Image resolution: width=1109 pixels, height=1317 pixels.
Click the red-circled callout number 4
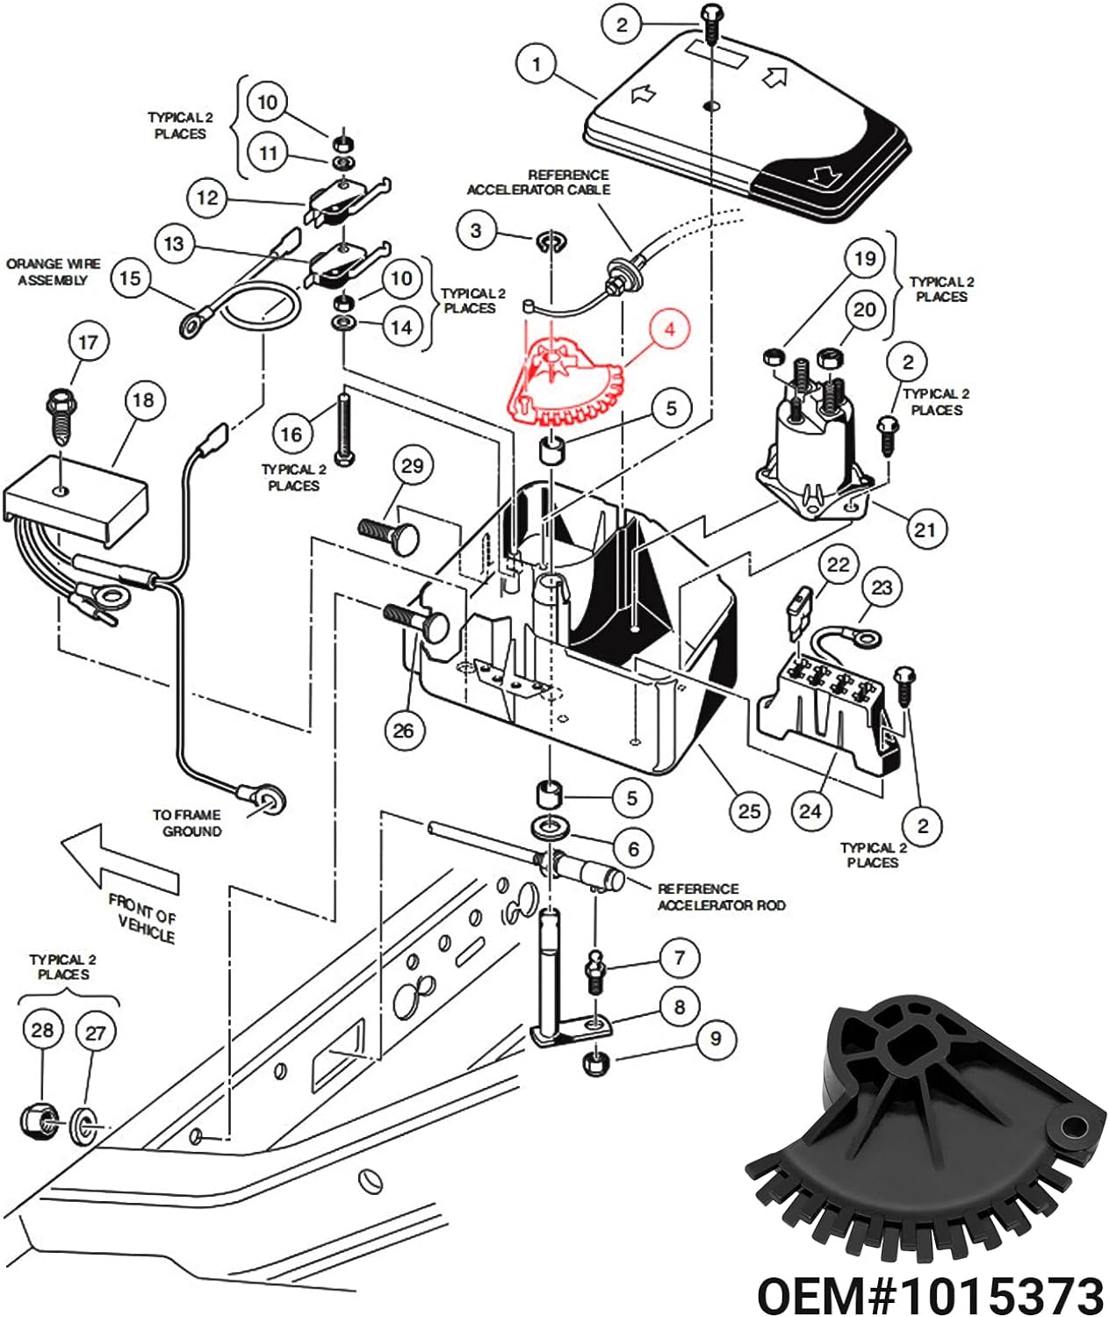[x=670, y=330]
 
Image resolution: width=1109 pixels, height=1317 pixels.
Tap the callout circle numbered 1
[x=536, y=64]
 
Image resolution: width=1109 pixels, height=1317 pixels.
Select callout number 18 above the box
[x=143, y=400]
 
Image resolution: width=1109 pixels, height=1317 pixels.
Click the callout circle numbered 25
[x=749, y=810]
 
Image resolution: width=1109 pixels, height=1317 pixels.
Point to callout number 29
[x=412, y=465]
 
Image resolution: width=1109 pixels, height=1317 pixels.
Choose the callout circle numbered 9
[x=716, y=1039]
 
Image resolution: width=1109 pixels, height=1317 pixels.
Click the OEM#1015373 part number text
[x=930, y=1293]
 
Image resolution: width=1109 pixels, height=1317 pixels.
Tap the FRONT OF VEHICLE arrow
[x=119, y=860]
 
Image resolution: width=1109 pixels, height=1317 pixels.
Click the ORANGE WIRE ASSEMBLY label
[x=54, y=272]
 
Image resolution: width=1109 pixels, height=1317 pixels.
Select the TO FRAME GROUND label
[x=187, y=823]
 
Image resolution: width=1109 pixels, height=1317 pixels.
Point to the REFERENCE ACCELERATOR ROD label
[x=721, y=896]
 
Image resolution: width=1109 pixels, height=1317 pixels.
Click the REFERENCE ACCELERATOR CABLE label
[x=538, y=182]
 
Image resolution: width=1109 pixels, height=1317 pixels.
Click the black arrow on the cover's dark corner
[x=825, y=176]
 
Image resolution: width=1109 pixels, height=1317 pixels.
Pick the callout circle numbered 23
[x=882, y=587]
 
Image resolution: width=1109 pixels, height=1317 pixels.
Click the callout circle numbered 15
[x=129, y=278]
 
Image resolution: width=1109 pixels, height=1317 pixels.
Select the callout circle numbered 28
[x=42, y=1030]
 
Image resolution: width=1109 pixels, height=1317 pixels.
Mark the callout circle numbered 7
[x=679, y=958]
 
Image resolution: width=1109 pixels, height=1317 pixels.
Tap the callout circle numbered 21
[x=925, y=529]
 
